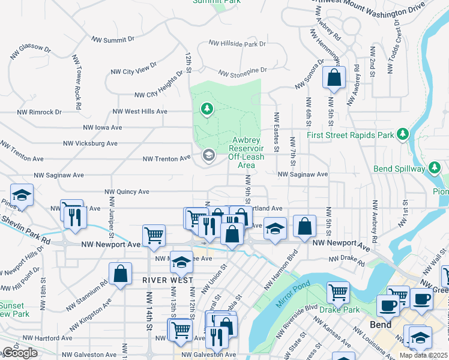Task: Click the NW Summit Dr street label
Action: click(113, 40)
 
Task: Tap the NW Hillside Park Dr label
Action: click(237, 44)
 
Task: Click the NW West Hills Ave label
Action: click(140, 112)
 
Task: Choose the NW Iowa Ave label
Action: click(103, 128)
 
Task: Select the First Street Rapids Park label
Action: click(351, 135)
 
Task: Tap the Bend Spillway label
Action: click(399, 169)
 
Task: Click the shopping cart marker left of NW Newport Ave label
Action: click(154, 235)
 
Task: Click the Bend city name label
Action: click(381, 325)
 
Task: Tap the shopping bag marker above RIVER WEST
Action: click(121, 274)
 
